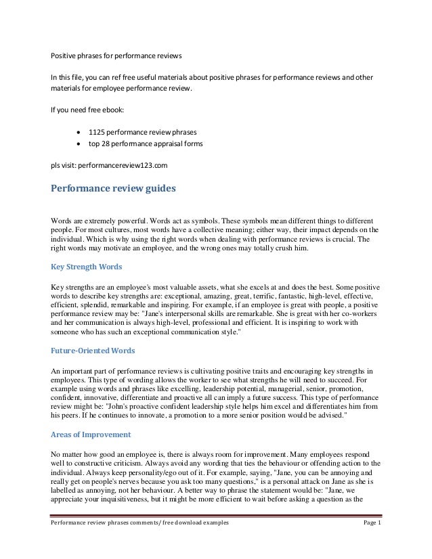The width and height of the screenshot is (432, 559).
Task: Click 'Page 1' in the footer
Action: tap(372, 543)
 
